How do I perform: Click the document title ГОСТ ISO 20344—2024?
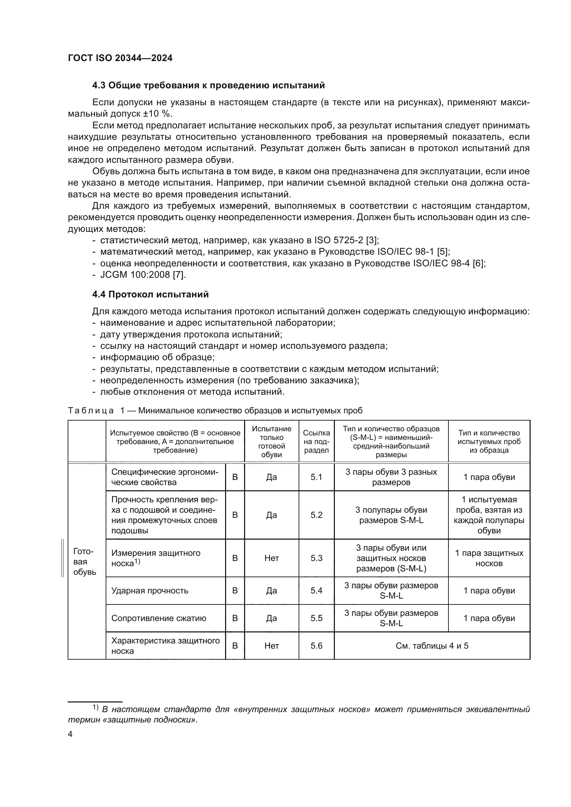click(120, 58)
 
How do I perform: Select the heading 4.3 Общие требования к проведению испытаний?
click(208, 86)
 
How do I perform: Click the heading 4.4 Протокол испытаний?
click(150, 294)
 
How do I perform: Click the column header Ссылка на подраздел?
click(316, 442)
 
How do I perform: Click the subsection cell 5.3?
click(316, 558)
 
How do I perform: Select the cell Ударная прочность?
click(150, 590)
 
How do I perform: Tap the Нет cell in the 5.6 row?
click(271, 646)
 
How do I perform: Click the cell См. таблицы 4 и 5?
click(432, 646)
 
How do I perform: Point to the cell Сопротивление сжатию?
click(158, 618)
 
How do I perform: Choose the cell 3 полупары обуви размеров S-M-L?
click(391, 515)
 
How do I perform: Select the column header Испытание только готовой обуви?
click(271, 442)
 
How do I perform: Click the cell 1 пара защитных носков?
click(489, 558)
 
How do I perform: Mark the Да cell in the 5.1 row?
click(271, 477)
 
